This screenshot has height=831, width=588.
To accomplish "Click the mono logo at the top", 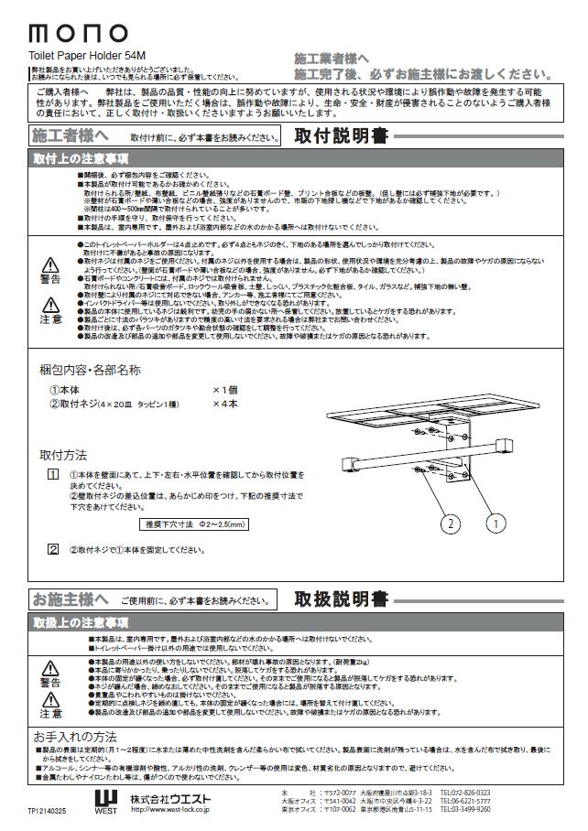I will tap(78, 33).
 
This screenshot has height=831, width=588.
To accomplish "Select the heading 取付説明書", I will tap(341, 136).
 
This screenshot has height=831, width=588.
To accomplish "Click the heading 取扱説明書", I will tap(341, 599).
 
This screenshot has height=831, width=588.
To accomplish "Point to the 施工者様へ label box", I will tap(71, 136).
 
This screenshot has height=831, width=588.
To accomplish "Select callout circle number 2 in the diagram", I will tap(450, 523).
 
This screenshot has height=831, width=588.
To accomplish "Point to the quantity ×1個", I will tap(225, 389).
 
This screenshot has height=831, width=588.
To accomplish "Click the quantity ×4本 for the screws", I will tap(225, 404).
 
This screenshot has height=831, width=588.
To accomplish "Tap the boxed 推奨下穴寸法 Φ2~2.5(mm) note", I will tap(195, 524).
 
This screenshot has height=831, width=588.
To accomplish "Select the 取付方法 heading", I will tap(63, 454).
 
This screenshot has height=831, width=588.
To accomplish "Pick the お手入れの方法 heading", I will tap(75, 735).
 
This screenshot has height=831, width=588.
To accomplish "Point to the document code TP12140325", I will tap(48, 810).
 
